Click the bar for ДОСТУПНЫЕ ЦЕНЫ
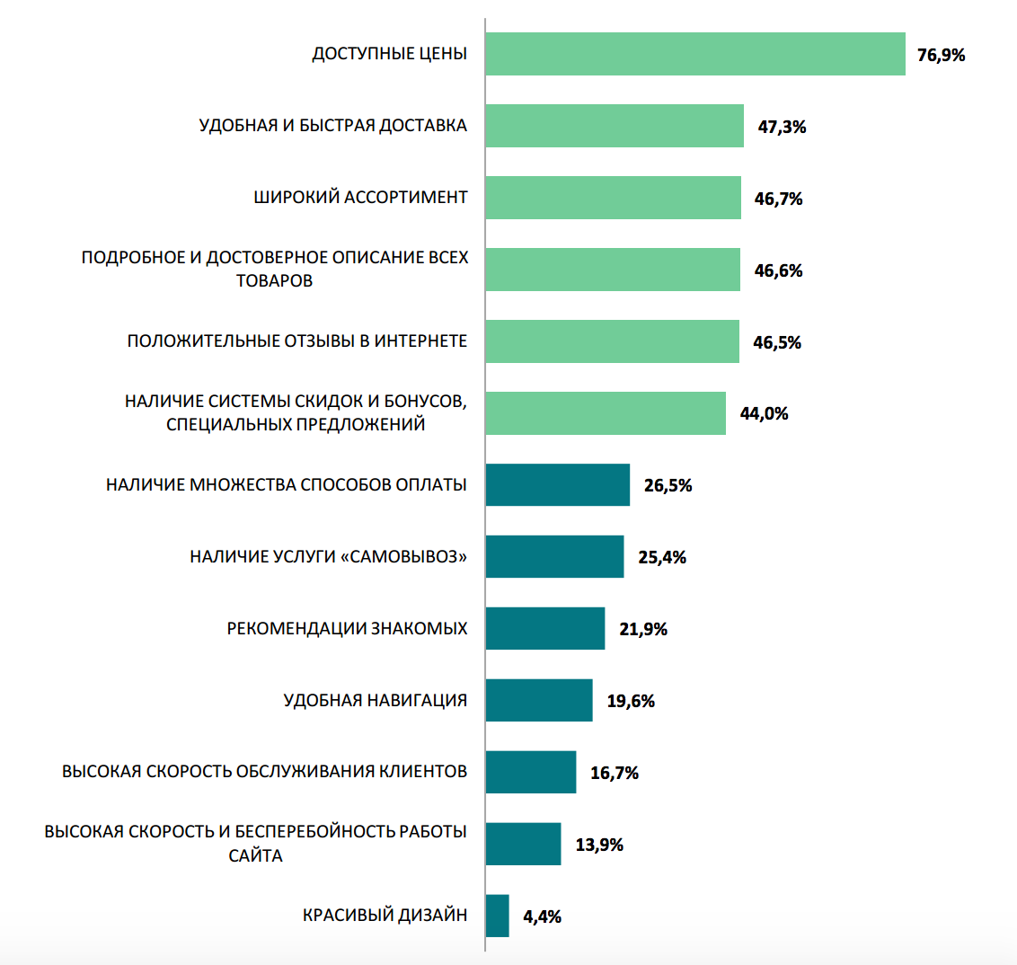click(694, 54)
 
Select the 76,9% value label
click(941, 55)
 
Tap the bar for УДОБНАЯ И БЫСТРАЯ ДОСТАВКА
click(615, 126)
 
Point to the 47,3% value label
click(782, 127)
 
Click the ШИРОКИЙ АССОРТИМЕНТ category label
click(360, 197)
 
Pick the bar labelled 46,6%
click(613, 270)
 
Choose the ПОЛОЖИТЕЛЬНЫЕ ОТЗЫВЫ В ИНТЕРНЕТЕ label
click(297, 341)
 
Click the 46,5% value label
click(777, 342)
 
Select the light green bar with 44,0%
click(606, 413)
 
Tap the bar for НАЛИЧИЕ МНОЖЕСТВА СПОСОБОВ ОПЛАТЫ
click(557, 485)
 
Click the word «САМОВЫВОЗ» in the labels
click(403, 557)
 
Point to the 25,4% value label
click(662, 557)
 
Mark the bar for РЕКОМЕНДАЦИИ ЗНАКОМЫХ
click(544, 628)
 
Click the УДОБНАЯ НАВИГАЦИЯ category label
click(376, 700)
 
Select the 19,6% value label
click(631, 701)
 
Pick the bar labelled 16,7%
click(530, 772)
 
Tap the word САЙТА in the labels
click(256, 855)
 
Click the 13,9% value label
click(599, 845)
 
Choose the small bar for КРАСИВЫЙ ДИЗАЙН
click(497, 916)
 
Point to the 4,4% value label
click(542, 916)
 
